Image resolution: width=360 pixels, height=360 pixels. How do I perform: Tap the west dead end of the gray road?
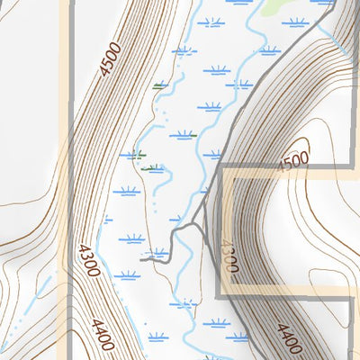(144, 256)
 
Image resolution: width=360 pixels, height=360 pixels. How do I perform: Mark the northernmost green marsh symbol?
(160, 86)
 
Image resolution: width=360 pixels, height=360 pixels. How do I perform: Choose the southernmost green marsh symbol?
(154, 167)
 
